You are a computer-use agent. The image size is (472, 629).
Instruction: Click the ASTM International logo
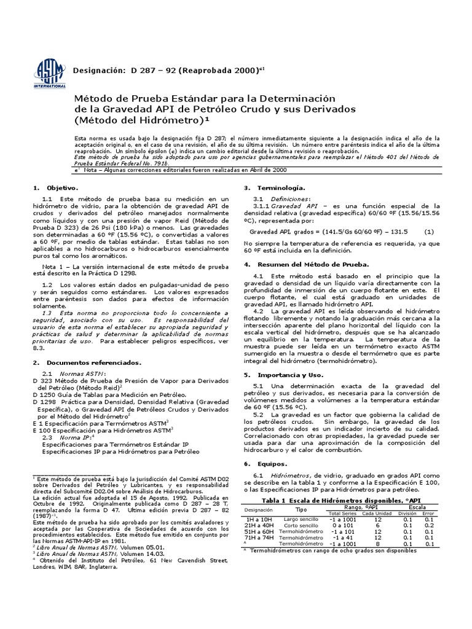50,72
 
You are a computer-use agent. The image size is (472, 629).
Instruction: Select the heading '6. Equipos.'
259,463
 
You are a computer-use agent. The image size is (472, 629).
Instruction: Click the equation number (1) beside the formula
429,232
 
